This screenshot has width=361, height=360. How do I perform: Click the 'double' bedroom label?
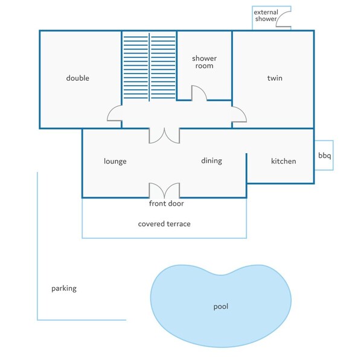click(77, 78)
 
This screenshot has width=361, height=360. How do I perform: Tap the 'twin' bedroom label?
click(275, 78)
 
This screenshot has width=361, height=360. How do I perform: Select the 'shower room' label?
click(204, 62)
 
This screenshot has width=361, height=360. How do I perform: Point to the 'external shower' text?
click(266, 16)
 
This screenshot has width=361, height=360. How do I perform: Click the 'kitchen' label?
click(283, 161)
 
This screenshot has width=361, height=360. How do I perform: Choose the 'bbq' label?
click(324, 156)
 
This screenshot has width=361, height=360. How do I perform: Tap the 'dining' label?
click(211, 161)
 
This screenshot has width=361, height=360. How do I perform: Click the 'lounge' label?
click(115, 161)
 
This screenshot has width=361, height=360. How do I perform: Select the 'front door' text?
click(167, 204)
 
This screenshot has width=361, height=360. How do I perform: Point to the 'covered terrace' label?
click(164, 224)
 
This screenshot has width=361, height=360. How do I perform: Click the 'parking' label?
click(64, 288)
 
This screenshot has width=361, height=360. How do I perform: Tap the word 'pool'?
click(221, 306)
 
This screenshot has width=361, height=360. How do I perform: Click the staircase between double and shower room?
click(149, 66)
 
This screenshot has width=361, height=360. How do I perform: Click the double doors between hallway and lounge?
click(164, 135)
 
